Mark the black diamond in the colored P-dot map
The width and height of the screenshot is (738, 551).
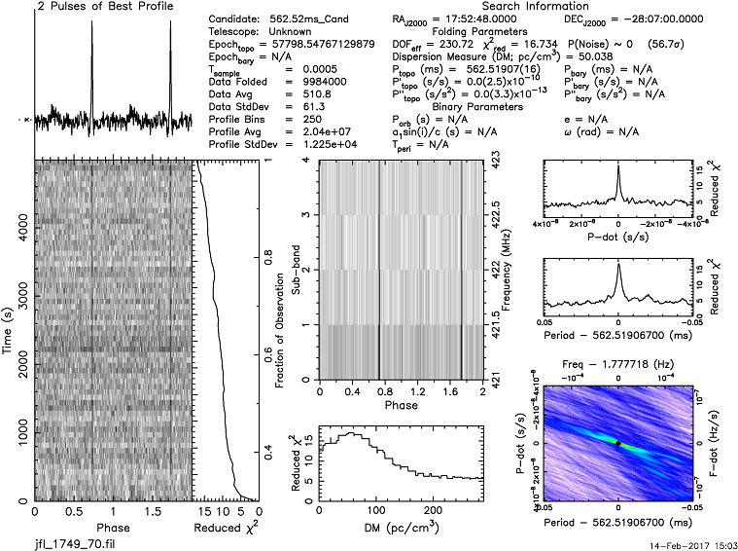617,444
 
